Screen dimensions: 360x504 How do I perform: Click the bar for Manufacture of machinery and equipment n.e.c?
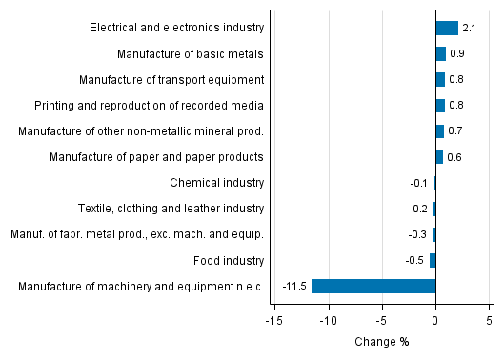(373, 286)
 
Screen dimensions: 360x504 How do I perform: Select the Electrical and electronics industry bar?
(447, 28)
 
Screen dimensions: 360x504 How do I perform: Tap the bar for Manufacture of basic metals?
(440, 53)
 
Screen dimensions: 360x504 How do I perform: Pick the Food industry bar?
(433, 260)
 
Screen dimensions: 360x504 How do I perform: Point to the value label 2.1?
(469, 29)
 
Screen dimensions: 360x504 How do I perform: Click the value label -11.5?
(293, 286)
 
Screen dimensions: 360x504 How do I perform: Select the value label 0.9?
(456, 54)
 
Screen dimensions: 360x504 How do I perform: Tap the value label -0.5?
(415, 260)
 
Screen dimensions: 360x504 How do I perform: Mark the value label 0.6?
(454, 157)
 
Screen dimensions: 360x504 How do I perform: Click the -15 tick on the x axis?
(274, 321)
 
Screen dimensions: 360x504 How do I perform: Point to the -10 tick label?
(329, 321)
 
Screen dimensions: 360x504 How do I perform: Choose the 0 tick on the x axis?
(435, 321)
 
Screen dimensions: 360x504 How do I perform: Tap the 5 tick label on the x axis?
(489, 321)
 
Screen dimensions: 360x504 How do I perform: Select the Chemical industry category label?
(216, 183)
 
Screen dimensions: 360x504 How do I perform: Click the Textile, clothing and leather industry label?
(171, 209)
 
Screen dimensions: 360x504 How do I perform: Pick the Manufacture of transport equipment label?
(171, 79)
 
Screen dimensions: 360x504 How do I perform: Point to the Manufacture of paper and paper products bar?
(439, 157)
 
